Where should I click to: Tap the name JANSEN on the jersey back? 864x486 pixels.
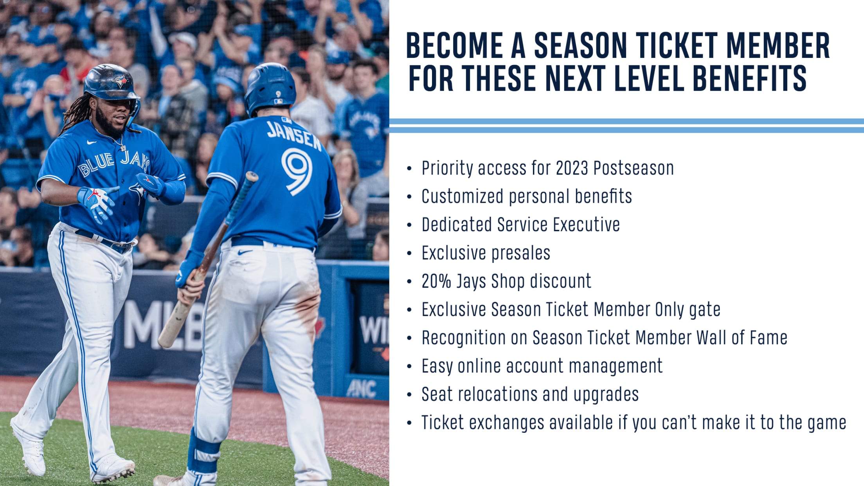click(x=294, y=135)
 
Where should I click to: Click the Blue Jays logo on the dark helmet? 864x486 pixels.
click(x=120, y=81)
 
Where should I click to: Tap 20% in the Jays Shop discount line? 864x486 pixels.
click(x=436, y=281)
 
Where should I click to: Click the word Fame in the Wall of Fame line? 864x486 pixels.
click(x=769, y=338)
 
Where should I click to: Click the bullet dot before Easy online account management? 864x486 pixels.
click(x=409, y=367)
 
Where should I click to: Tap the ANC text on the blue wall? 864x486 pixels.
click(x=361, y=389)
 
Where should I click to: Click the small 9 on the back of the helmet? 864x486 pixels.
click(x=278, y=94)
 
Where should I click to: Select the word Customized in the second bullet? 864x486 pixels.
click(x=462, y=196)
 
